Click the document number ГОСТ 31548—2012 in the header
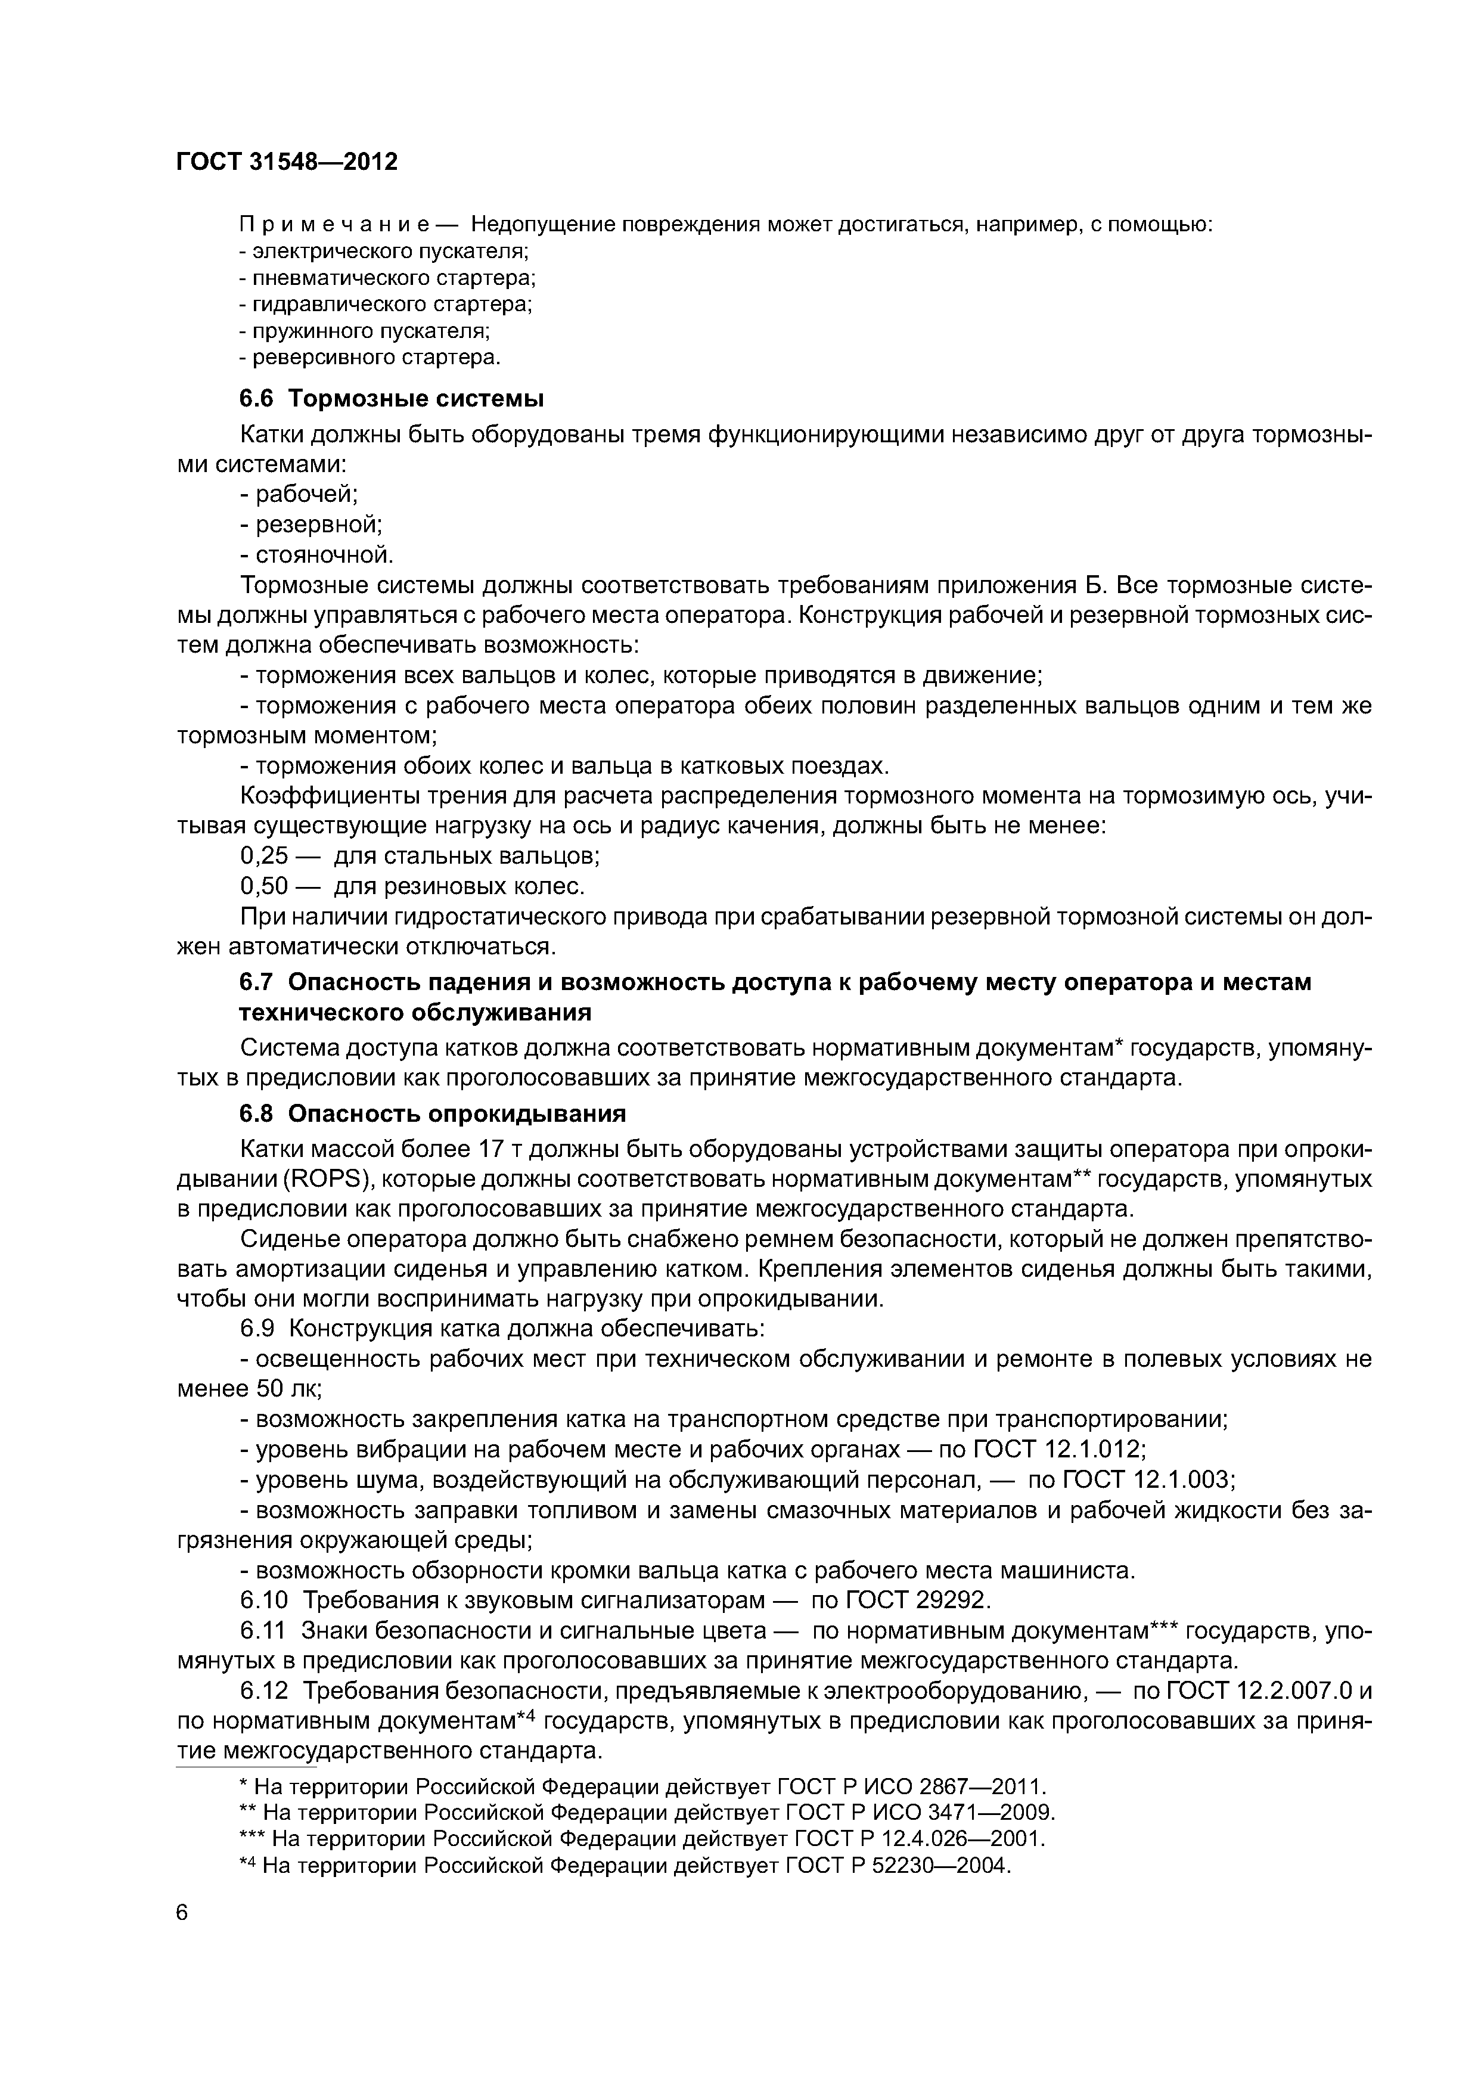tap(287, 162)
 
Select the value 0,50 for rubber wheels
tap(263, 886)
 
